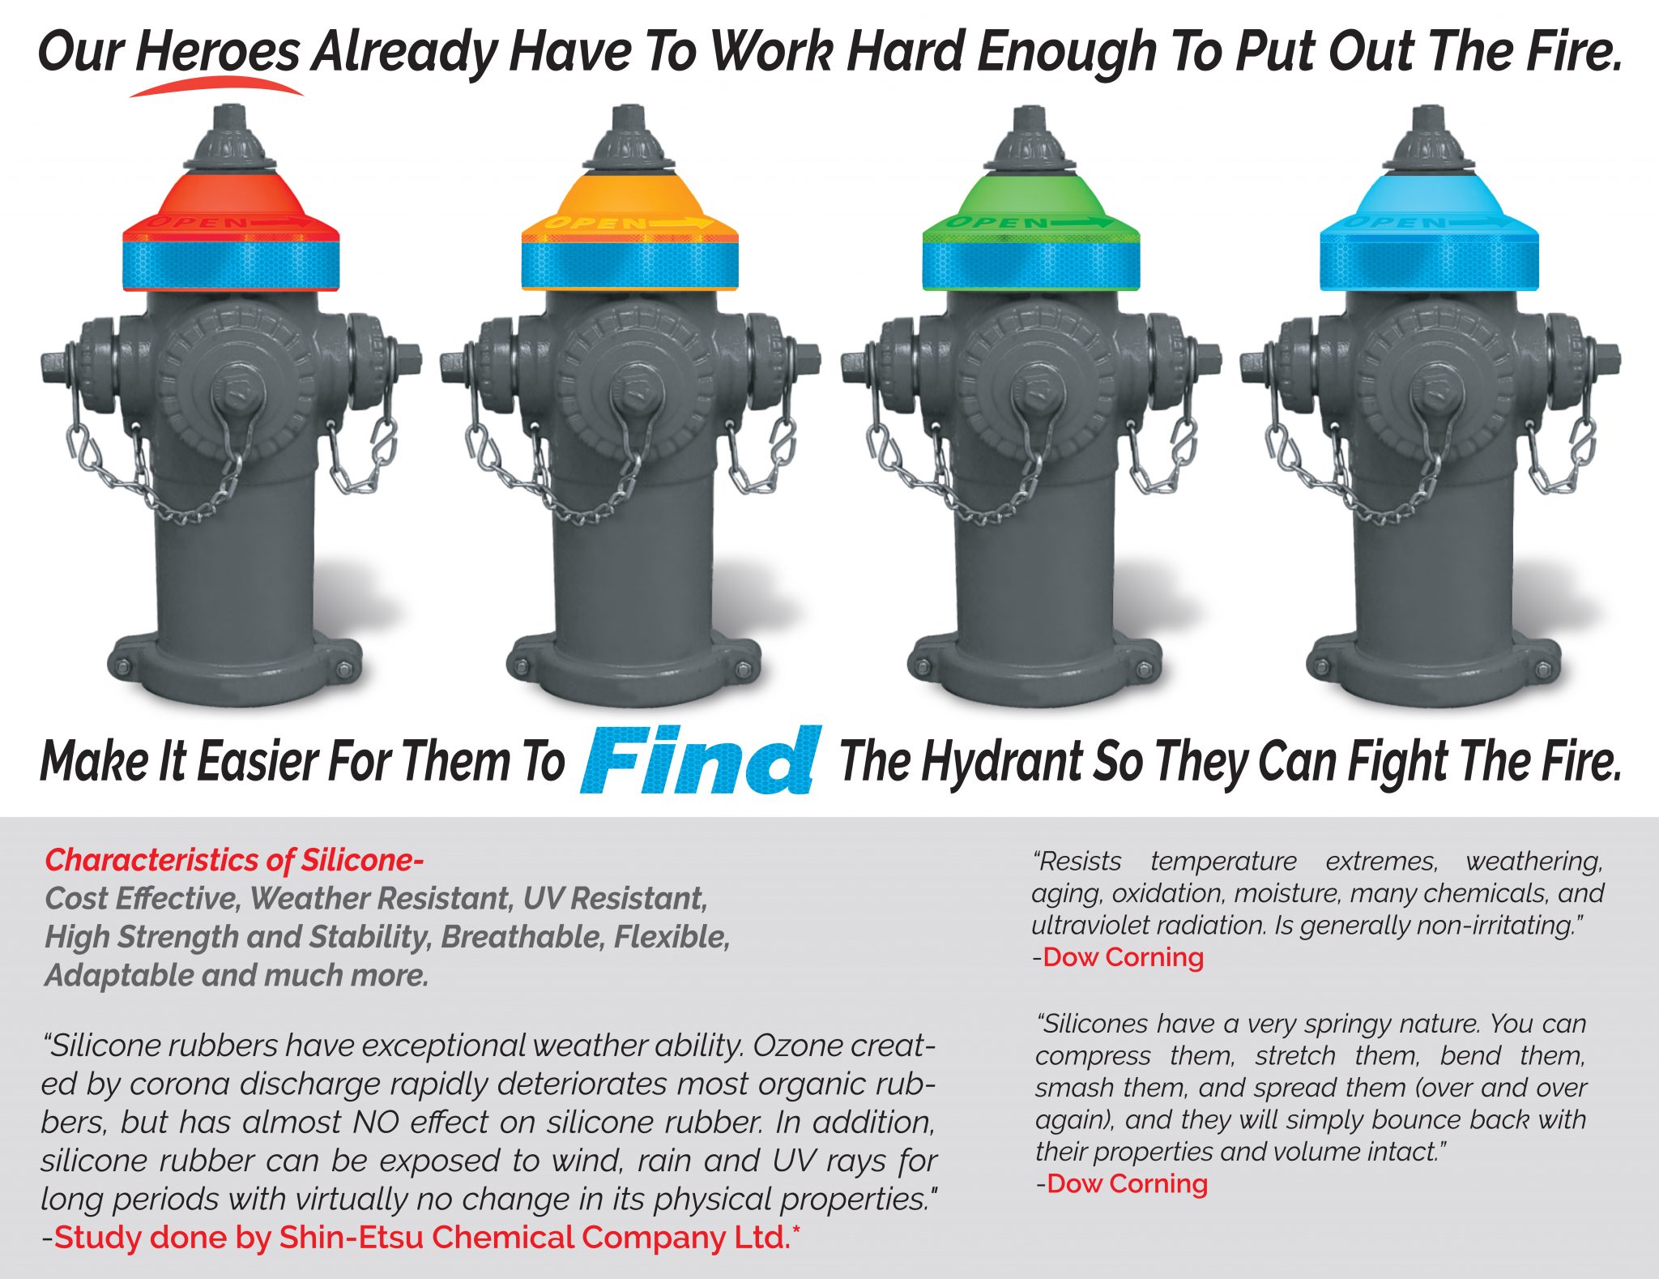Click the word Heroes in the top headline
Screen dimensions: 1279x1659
tap(217, 51)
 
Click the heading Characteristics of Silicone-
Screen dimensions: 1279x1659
tap(234, 860)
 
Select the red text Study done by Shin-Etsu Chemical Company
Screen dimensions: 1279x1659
tap(421, 1238)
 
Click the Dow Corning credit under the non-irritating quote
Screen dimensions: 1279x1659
tap(1123, 957)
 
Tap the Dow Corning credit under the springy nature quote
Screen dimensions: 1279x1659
tap(1127, 1183)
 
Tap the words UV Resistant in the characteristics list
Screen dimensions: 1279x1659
tap(616, 899)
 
